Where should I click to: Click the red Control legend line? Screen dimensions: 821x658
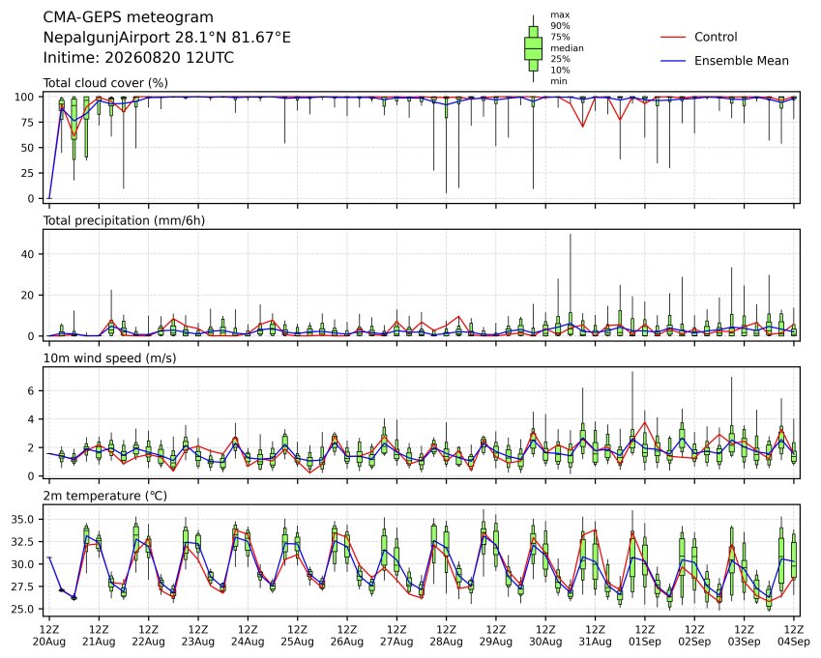pos(673,37)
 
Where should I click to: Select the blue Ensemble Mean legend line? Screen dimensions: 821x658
pos(673,61)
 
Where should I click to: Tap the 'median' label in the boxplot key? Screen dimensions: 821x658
pos(567,48)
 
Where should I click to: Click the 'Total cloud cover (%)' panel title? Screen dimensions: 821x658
pos(105,83)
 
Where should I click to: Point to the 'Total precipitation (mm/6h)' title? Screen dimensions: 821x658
pos(124,220)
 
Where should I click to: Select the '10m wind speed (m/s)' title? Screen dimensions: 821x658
pos(109,358)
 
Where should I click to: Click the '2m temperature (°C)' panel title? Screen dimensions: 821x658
pos(104,496)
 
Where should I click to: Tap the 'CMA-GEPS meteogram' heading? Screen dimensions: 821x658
pos(129,17)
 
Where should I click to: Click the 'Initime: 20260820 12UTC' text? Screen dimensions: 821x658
pos(138,58)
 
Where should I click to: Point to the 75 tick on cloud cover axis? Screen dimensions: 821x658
pos(27,123)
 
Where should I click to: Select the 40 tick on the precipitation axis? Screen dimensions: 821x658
pos(27,254)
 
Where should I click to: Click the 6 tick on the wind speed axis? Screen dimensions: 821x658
pos(31,390)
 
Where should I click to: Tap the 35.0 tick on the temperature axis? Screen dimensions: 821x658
pos(23,520)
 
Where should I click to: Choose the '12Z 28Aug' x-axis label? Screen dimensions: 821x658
pos(446,636)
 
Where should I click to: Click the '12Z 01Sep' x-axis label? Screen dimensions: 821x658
pos(645,636)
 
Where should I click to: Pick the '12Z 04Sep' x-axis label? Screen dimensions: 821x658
pos(794,636)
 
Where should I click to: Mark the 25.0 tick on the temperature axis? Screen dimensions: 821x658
pos(23,610)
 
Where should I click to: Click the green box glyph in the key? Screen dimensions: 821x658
pos(533,48)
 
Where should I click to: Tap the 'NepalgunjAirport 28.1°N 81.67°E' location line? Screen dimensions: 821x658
pos(166,38)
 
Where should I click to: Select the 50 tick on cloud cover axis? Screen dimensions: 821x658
pos(27,148)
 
